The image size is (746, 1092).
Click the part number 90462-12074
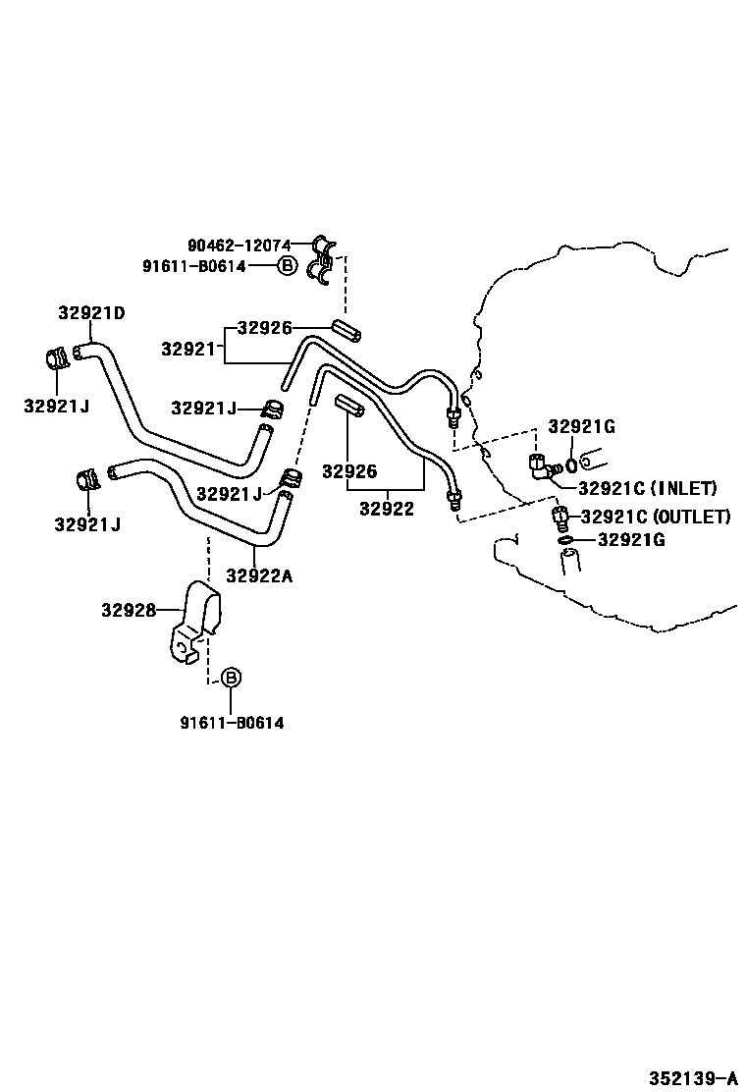tap(239, 245)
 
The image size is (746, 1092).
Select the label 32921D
tap(91, 313)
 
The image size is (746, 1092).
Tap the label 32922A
tap(259, 575)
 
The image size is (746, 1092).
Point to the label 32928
tap(128, 610)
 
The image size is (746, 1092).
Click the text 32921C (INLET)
tap(647, 487)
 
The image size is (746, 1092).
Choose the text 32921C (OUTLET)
tap(655, 517)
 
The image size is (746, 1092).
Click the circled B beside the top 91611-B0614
tap(287, 265)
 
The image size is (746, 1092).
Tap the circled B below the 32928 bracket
tap(230, 678)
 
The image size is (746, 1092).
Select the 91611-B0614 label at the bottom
tap(232, 723)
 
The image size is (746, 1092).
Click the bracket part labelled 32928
tap(195, 624)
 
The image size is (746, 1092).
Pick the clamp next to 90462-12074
tap(322, 261)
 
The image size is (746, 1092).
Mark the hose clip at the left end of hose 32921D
tap(57, 359)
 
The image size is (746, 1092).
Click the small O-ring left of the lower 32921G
tap(564, 539)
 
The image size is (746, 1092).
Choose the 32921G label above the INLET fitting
tap(581, 426)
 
